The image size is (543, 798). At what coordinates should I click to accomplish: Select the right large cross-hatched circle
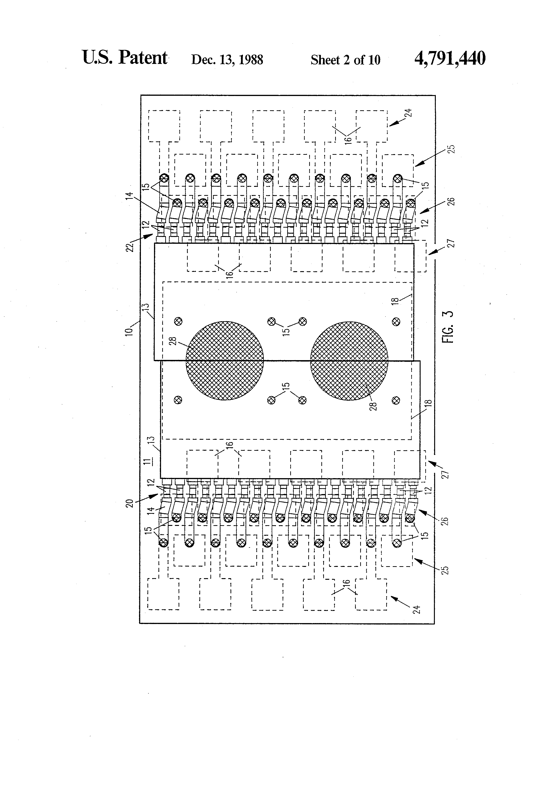point(349,361)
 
